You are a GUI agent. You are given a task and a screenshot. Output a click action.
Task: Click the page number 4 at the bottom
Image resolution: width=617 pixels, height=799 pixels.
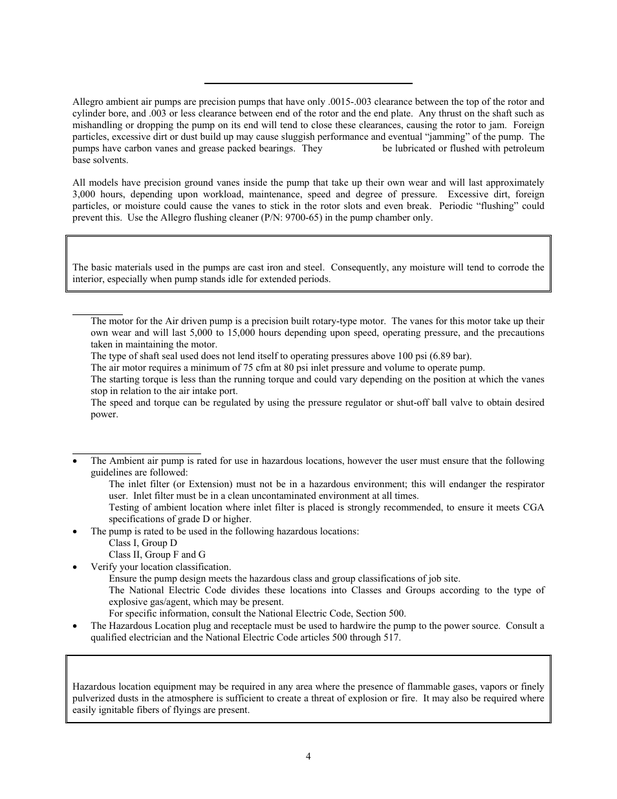308,756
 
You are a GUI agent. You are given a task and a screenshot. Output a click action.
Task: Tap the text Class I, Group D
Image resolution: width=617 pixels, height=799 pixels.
142,543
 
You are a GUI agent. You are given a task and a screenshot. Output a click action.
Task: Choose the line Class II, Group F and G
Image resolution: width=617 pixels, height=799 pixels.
157,554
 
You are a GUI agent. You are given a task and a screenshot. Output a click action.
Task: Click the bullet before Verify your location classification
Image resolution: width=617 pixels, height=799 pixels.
76,567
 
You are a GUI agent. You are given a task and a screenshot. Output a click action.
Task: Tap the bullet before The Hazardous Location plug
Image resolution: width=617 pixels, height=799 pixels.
76,626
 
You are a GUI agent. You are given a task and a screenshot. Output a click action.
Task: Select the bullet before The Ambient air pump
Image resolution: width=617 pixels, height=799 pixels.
76,461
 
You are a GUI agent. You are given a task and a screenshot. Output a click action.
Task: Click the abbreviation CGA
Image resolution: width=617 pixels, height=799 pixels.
532,507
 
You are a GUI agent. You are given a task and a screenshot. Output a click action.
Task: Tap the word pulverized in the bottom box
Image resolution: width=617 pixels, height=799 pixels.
95,698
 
